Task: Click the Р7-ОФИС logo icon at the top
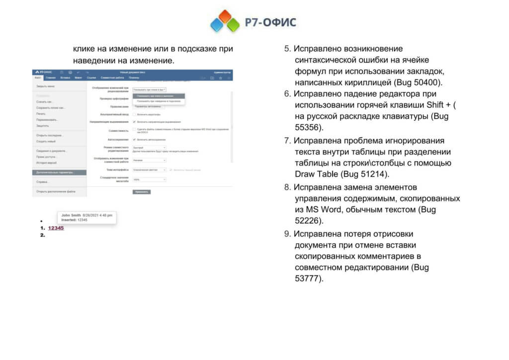[225, 21]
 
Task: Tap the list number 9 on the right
[287, 233]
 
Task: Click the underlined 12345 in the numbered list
[56, 228]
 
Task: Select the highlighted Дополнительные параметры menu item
[55, 173]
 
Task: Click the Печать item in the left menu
[40, 114]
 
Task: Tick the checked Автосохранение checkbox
[134, 139]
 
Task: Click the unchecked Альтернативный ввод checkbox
[134, 114]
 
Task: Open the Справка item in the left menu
[42, 182]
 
